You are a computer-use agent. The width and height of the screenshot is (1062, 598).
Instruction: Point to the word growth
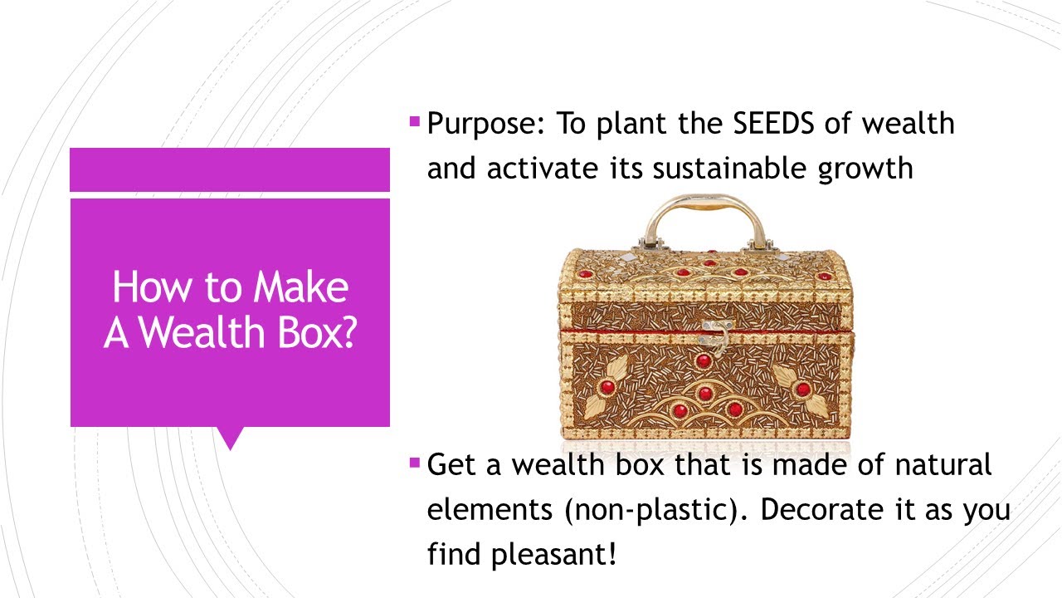[865, 169]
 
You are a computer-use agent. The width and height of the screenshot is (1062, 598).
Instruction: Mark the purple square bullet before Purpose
[415, 122]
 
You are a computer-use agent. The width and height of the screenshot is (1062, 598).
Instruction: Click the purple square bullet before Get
[415, 463]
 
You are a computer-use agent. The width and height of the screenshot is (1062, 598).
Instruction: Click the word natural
[943, 464]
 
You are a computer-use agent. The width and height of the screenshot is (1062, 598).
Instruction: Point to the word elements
[490, 509]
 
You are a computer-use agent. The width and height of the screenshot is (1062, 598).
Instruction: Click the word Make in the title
[300, 287]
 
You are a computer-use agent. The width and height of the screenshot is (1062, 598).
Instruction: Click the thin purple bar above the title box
[230, 169]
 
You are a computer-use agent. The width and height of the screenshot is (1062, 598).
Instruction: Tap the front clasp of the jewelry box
[714, 334]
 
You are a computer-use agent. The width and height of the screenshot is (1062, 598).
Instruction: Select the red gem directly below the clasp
[704, 360]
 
